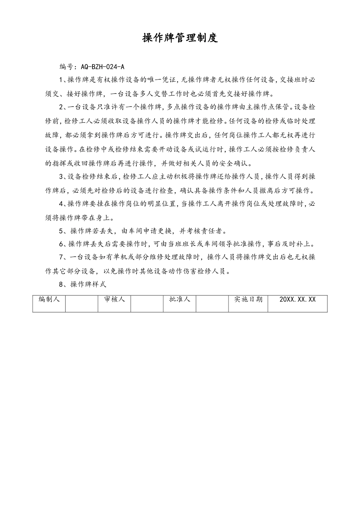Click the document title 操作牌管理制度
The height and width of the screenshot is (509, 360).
(x=180, y=38)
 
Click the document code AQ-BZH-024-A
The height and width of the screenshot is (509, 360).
(x=102, y=67)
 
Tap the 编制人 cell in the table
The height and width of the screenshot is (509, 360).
(x=49, y=299)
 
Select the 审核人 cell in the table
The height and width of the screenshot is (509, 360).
(x=114, y=299)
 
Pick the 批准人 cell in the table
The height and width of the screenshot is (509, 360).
(x=180, y=299)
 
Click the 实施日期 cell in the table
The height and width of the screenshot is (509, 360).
(x=248, y=299)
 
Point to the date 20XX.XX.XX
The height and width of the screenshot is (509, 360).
(x=297, y=299)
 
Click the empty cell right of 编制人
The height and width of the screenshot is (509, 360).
(x=81, y=304)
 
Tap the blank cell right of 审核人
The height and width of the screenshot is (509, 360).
(x=147, y=304)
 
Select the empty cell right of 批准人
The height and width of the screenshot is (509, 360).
(x=212, y=304)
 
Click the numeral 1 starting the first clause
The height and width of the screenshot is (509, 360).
(x=61, y=80)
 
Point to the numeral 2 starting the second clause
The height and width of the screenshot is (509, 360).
(x=61, y=107)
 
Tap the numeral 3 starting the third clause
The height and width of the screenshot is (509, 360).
(x=61, y=176)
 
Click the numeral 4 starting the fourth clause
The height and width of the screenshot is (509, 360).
(x=61, y=204)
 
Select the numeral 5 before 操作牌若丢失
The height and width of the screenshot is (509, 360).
(x=61, y=231)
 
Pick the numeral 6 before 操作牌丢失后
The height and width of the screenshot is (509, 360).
(x=61, y=244)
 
